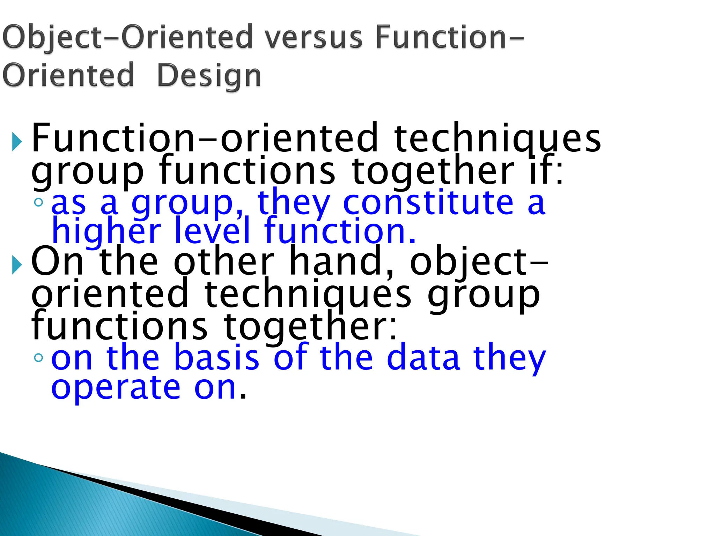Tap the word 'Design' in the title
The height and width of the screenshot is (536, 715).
pyautogui.click(x=209, y=76)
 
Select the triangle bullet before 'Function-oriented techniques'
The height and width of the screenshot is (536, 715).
pyautogui.click(x=16, y=142)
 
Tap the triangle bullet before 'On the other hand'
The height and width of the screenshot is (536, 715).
pyautogui.click(x=16, y=265)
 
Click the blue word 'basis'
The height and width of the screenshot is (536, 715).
pyautogui.click(x=216, y=357)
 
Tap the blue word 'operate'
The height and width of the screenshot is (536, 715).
pyautogui.click(x=116, y=388)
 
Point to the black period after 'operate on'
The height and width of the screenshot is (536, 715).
pyautogui.click(x=243, y=397)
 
